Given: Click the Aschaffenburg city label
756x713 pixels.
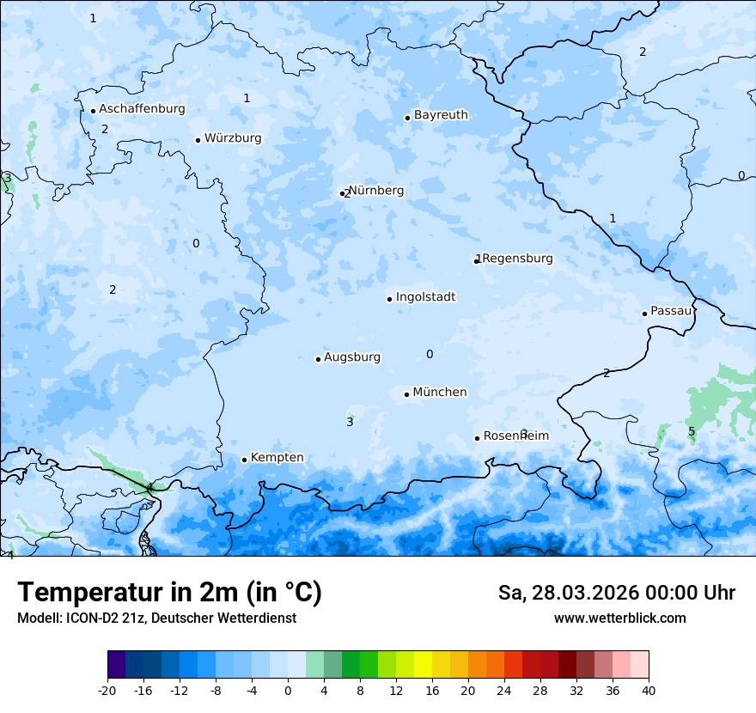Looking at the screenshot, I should coord(142,109).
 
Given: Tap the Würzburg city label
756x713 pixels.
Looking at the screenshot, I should coord(233,138).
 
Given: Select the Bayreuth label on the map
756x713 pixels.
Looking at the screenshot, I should coord(441,115).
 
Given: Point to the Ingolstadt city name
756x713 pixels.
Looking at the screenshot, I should coord(425,297).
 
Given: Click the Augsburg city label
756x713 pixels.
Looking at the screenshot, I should coord(351,357).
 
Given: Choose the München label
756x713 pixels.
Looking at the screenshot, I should coord(440,393).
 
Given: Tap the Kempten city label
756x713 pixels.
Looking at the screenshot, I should coord(277,458).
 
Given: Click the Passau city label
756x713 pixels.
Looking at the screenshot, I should coord(670,311).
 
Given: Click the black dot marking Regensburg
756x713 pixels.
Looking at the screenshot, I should coord(477,260).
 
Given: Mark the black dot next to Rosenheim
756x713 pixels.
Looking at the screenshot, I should coord(477,438).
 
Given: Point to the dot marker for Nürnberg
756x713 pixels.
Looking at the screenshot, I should coord(342,194).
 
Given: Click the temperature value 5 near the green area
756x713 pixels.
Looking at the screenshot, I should coord(692,431).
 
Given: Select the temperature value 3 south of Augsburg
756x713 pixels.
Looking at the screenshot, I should coord(350,422).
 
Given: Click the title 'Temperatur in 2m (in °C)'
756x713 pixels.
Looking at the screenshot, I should coord(169,593).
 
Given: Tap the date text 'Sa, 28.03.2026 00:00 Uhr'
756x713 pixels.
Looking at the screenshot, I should coord(616,594).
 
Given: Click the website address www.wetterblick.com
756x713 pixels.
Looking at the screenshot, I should coord(619,619).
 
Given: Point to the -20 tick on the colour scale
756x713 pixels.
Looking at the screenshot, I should coord(107,691).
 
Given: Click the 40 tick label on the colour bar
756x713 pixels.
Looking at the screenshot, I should coord(648,691).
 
